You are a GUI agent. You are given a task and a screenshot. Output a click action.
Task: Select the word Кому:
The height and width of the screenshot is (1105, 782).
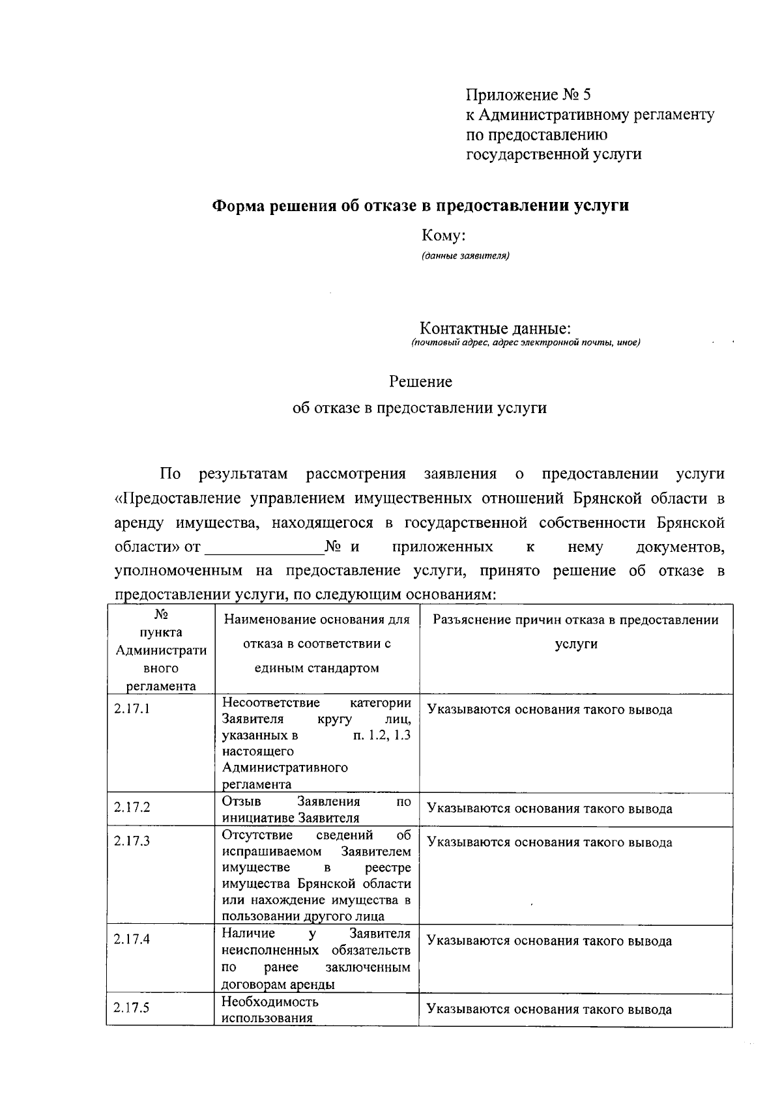pos(443,235)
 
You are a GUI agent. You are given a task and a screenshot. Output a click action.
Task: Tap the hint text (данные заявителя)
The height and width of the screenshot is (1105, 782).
pos(465,255)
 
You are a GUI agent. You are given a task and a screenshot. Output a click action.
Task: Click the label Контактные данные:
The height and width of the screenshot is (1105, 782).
pos(495,328)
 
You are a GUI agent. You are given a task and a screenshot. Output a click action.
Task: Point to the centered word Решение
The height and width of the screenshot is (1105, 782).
pos(420,381)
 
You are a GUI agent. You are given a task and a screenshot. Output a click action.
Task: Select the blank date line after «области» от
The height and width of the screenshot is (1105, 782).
pos(264,547)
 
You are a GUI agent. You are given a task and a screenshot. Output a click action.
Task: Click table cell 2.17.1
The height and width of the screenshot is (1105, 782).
pos(132,709)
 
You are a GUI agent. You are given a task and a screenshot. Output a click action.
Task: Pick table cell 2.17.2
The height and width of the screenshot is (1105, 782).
pos(132,807)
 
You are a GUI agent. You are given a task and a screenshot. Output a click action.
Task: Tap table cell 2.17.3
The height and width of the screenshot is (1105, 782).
pos(132,841)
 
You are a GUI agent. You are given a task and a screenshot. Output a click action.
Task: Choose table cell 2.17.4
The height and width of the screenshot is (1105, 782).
pos(132,940)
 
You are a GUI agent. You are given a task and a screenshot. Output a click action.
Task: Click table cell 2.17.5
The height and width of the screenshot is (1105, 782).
pos(132,1008)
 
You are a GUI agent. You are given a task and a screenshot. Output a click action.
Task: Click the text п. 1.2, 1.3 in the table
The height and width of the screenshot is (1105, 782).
pos(381,735)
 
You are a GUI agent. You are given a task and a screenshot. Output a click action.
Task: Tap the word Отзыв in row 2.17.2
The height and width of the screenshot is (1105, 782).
pos(241,801)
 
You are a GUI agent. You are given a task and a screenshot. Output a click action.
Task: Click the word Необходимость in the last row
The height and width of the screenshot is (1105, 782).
pos(270,1001)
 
